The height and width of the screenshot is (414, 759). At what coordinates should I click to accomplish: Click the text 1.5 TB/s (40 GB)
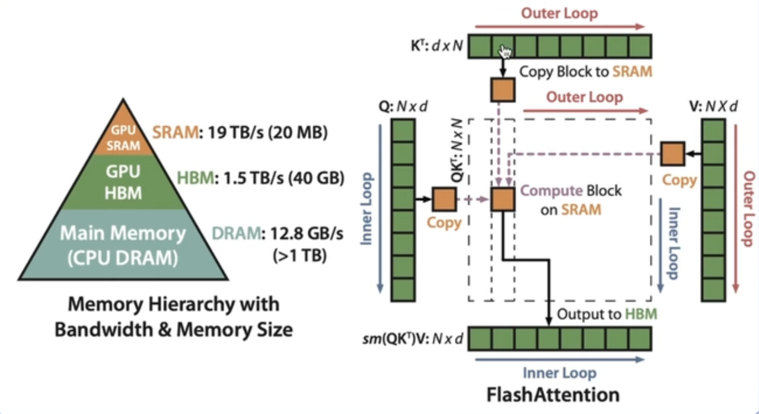(x=261, y=178)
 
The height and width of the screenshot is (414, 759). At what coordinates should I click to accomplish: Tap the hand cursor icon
(x=505, y=52)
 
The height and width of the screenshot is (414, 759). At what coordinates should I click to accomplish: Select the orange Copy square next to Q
(x=444, y=199)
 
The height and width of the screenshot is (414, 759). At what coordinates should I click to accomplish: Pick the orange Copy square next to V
(x=672, y=154)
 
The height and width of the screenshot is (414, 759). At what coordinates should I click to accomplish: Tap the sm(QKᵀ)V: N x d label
(x=414, y=339)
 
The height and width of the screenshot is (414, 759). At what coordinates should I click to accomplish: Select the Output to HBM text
(x=607, y=314)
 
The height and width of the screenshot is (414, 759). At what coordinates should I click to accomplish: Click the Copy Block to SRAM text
(x=586, y=72)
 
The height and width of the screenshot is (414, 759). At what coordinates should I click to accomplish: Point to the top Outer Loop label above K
(x=560, y=13)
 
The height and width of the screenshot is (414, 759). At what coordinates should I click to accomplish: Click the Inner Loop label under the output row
(x=559, y=373)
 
